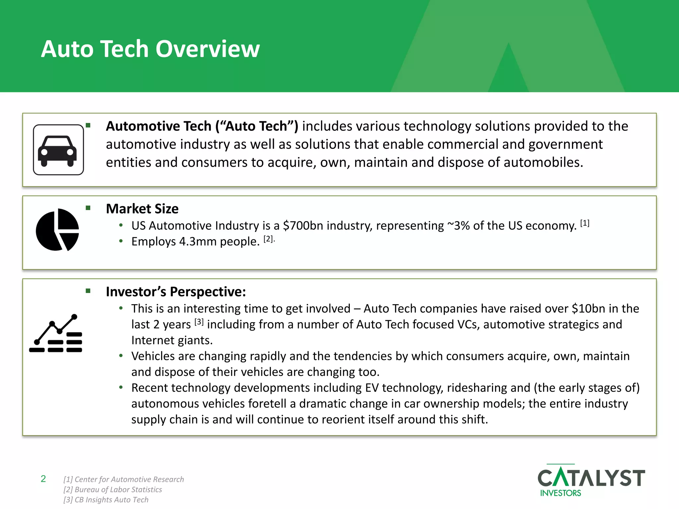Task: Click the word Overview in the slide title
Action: pos(208,49)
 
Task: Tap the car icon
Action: pos(58,150)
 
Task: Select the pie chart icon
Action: pos(57,230)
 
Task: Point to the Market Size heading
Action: pos(142,209)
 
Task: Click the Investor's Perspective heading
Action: pos(176,292)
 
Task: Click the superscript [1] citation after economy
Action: pos(585,223)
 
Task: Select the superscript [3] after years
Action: pos(199,322)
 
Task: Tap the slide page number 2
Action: pos(43,479)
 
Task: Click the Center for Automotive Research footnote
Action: pos(124,480)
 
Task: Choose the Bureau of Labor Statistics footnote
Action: pos(113,489)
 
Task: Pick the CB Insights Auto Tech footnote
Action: pos(106,500)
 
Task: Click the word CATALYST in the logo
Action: pos(591,478)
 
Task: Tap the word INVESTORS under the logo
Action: pos(561,493)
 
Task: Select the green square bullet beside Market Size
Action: pos(88,208)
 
